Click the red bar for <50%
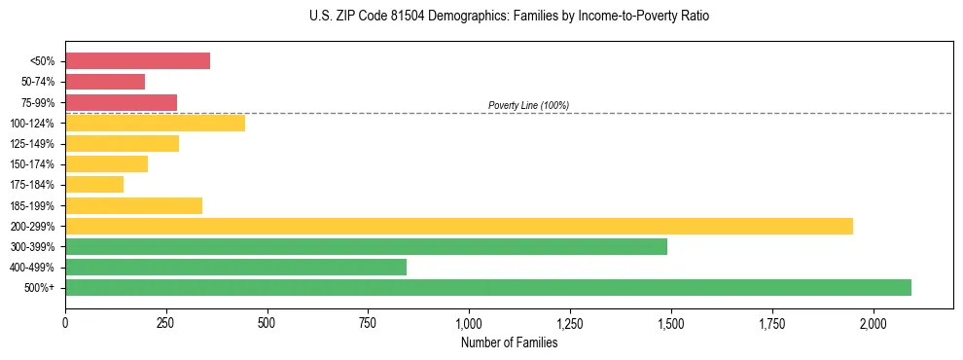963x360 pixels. click(137, 60)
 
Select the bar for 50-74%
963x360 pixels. click(105, 82)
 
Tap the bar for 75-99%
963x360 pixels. click(121, 102)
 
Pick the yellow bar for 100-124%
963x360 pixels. click(155, 123)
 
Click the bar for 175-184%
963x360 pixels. click(94, 185)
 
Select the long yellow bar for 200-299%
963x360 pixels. click(458, 226)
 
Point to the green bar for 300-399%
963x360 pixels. click(366, 246)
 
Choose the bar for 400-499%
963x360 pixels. click(235, 267)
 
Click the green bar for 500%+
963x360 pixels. click(487, 287)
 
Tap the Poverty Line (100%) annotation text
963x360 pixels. click(528, 105)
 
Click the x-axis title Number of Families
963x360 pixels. click(509, 342)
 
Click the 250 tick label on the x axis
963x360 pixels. click(166, 322)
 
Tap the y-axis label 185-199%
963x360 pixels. click(32, 205)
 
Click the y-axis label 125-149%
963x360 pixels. click(32, 144)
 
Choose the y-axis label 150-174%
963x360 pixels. click(32, 164)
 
